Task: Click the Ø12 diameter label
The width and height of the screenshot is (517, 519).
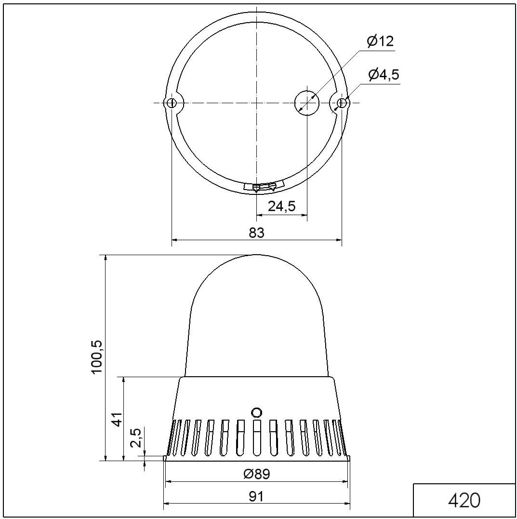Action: tap(380, 42)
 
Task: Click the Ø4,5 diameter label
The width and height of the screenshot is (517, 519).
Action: tap(384, 76)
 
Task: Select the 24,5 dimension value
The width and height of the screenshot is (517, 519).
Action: tap(281, 206)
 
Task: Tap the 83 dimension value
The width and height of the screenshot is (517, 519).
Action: tap(257, 232)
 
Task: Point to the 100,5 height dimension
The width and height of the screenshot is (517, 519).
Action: tap(97, 356)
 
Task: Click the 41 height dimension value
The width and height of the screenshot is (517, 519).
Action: tap(116, 419)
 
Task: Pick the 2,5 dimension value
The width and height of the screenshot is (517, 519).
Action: tap(136, 438)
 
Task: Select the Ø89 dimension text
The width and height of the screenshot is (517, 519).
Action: tap(257, 474)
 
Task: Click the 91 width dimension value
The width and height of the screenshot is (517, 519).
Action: tap(257, 496)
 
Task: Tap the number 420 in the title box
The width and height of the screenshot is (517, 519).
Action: tap(464, 501)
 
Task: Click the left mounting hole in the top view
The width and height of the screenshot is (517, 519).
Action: tap(171, 103)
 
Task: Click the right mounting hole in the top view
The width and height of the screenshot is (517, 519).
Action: tap(342, 103)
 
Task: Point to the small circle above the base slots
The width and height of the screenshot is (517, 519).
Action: tap(257, 412)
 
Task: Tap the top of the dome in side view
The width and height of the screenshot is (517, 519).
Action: tap(257, 256)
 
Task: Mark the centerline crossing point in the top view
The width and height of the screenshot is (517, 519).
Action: tap(257, 103)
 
